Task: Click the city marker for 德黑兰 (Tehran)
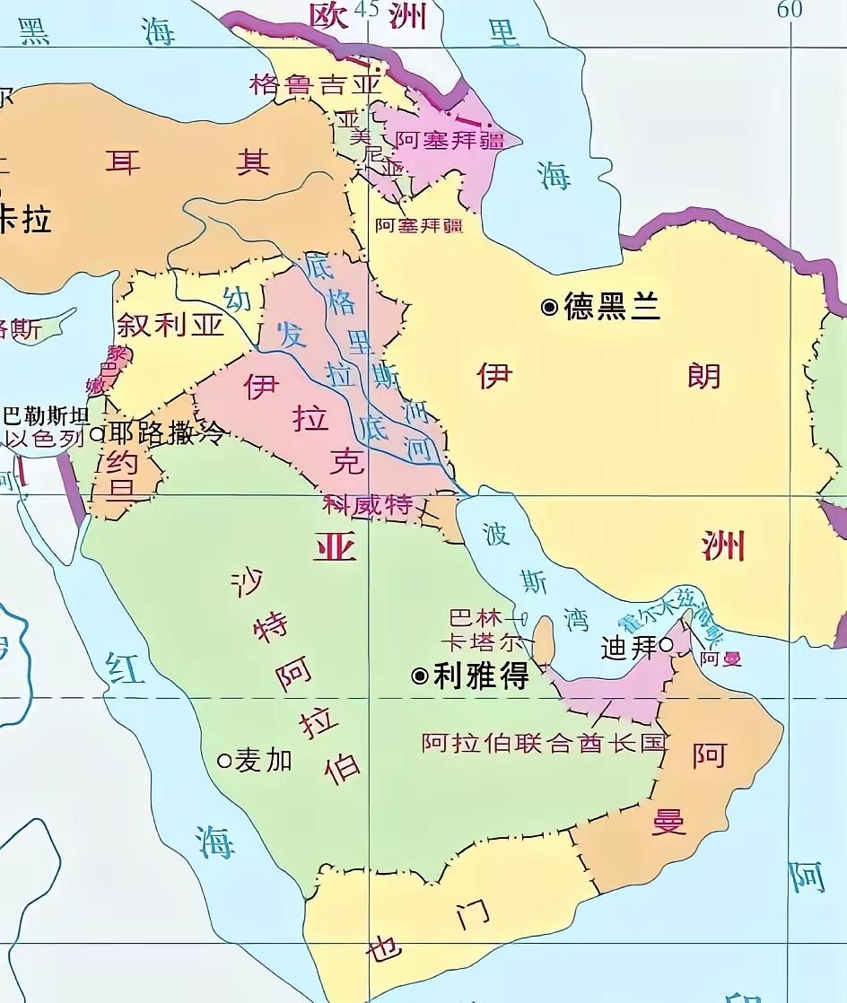549,308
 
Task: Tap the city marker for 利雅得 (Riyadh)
419,676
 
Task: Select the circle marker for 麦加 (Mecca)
225,761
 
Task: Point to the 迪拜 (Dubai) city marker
666,644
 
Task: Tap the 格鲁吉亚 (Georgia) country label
316,85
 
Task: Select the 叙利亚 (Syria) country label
170,325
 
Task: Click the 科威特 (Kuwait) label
368,505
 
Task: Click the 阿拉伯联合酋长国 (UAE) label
545,743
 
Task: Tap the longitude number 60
790,9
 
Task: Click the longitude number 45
366,9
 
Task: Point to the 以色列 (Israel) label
44,439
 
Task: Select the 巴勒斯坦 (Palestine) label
47,416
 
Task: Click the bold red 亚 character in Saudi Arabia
334,545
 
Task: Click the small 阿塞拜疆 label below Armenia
418,226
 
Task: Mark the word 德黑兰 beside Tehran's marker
612,308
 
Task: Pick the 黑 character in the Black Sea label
34,31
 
